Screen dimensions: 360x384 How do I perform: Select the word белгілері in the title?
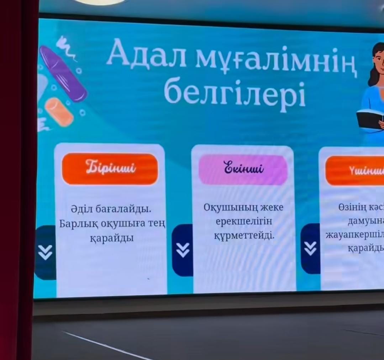click(235, 93)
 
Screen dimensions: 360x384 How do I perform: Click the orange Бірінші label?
click(110, 168)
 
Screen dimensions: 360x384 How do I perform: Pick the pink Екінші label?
click(243, 169)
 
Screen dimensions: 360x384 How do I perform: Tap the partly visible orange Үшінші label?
click(356, 171)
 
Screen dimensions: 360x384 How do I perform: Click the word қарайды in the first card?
click(112, 238)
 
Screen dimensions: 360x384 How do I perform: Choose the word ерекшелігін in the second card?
click(244, 221)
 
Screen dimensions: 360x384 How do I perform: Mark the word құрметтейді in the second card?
click(244, 235)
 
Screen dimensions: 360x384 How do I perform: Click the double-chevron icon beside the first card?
click(45, 252)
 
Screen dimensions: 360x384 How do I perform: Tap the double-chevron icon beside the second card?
click(183, 250)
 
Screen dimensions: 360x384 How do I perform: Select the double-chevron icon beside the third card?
click(310, 248)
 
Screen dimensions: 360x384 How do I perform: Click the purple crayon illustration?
click(63, 73)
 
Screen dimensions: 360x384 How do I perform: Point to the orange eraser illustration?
click(59, 112)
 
